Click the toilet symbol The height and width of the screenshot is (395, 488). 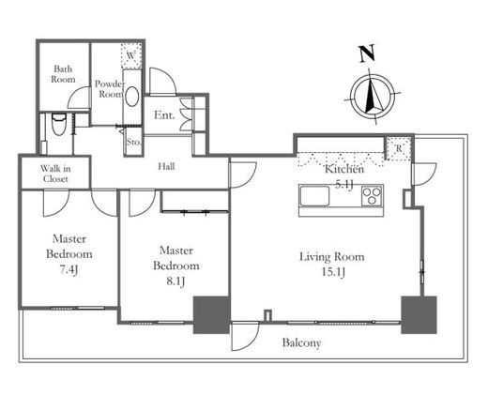point(59,124)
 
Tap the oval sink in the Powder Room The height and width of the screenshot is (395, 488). point(132,97)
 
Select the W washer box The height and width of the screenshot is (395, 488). point(131,56)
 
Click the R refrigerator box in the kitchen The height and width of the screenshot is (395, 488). point(399,148)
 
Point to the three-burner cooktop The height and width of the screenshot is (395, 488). point(372,195)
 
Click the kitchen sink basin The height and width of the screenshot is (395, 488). point(314,196)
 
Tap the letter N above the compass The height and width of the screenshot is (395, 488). point(367,53)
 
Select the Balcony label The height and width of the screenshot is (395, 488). point(301,343)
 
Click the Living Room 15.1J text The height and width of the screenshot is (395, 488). point(332,265)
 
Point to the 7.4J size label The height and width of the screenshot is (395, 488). point(69,269)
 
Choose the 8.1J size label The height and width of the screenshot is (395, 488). point(175,281)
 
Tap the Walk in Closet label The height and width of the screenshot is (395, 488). point(55,174)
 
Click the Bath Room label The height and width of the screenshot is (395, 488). point(63,74)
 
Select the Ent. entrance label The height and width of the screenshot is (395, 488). point(164,115)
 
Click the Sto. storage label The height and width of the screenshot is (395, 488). point(134,142)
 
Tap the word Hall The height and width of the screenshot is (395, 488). point(166,166)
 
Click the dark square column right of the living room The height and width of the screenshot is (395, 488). point(419,314)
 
